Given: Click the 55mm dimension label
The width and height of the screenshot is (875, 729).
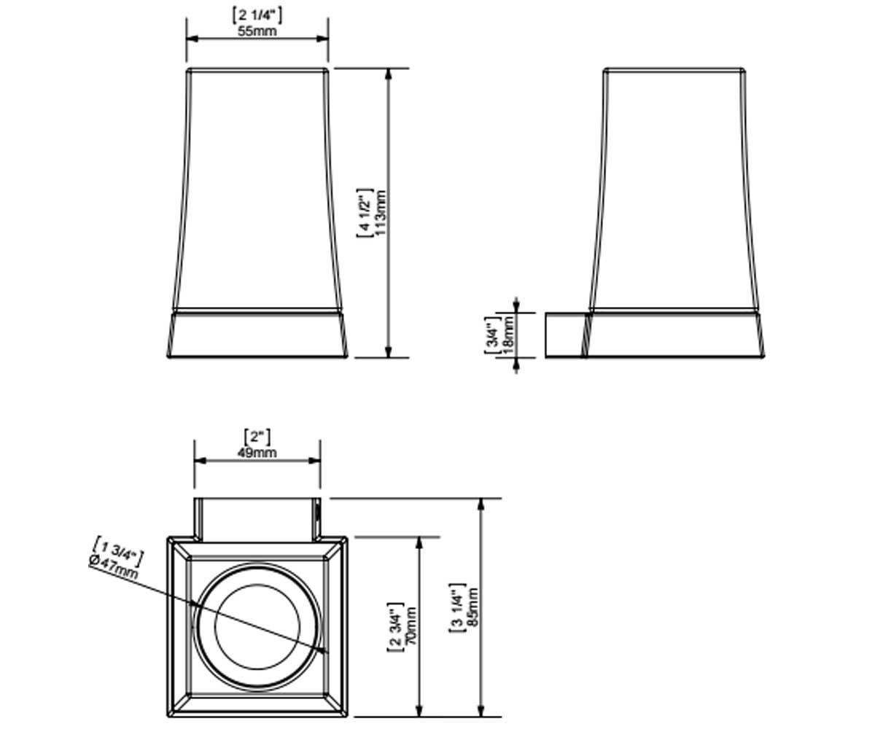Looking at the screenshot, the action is point(257,31).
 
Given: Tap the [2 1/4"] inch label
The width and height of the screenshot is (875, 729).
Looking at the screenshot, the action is point(257,16).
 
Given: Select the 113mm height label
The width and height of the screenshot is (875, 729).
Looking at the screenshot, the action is point(382,212).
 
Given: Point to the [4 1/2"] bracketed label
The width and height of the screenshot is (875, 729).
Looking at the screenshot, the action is point(365,213).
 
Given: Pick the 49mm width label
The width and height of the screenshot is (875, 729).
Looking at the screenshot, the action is point(257,453).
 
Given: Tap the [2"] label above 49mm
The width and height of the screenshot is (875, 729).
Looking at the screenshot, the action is point(257,438).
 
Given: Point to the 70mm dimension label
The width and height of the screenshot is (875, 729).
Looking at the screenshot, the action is point(411,626).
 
